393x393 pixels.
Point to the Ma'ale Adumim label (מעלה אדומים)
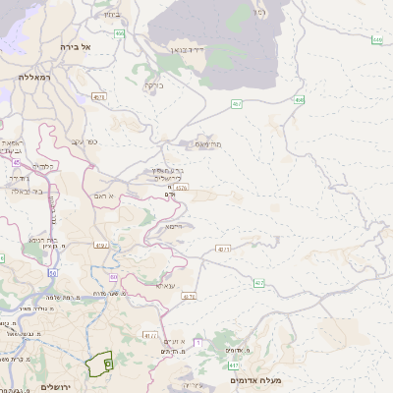click(x=256, y=380)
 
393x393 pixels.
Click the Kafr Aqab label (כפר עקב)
click(x=84, y=141)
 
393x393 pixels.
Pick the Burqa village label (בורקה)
click(x=154, y=85)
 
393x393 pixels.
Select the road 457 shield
click(x=237, y=103)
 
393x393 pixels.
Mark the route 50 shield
click(x=51, y=272)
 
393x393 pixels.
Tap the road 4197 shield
click(x=101, y=245)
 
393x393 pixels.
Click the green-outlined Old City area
click(x=99, y=365)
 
